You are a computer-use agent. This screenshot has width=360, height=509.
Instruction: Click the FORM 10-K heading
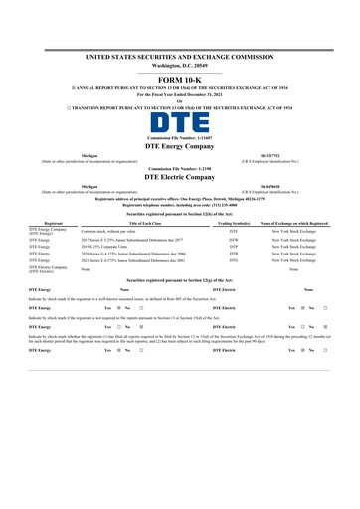[180, 79]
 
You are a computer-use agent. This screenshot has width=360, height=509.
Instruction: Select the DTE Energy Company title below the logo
[180, 146]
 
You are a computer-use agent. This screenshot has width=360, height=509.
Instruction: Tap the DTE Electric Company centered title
[180, 175]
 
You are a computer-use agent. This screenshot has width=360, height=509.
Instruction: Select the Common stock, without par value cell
[107, 231]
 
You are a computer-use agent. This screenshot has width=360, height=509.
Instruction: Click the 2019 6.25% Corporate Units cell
[108, 249]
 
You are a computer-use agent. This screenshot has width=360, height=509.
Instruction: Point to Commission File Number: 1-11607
[180, 138]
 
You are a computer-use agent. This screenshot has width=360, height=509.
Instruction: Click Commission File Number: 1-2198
[180, 167]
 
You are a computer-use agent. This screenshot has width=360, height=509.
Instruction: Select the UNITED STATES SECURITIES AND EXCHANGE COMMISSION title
[180, 58]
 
